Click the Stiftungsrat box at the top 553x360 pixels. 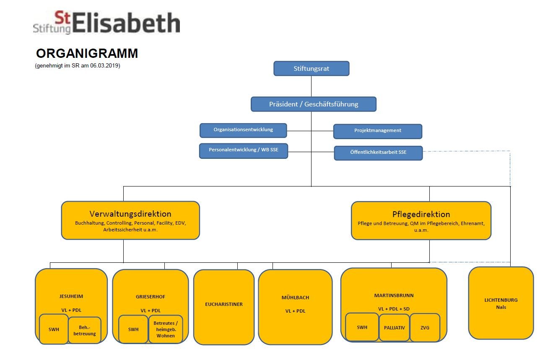[x=311, y=69]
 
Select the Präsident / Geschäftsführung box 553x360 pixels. [x=313, y=104]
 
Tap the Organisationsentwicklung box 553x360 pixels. [x=243, y=130]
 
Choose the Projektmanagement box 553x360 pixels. [x=377, y=131]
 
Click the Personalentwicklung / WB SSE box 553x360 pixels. [x=243, y=150]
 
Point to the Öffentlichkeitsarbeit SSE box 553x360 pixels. [x=378, y=153]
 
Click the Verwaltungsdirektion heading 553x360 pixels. [x=130, y=214]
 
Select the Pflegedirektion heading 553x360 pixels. [x=421, y=214]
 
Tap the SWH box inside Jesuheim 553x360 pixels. [x=54, y=329]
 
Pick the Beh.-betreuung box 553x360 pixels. [x=85, y=331]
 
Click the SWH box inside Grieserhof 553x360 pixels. [x=133, y=329]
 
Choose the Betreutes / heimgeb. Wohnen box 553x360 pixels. [x=166, y=329]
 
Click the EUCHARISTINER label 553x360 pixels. [x=224, y=304]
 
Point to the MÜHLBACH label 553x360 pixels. [x=295, y=298]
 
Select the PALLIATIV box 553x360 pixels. [x=394, y=327]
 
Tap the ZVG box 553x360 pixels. [x=425, y=327]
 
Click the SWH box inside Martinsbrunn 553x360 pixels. [x=362, y=327]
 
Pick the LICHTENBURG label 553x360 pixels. [x=501, y=300]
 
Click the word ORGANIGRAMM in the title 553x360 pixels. [x=87, y=54]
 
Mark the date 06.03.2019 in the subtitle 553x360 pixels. [x=105, y=65]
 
